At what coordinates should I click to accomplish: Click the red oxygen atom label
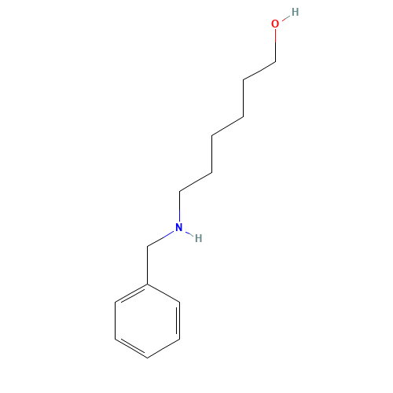(x=275, y=24)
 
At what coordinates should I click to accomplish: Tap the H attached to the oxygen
(x=296, y=12)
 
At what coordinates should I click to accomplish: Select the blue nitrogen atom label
(x=179, y=227)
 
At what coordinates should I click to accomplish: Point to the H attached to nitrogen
(x=199, y=238)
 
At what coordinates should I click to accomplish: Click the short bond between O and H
(x=285, y=18)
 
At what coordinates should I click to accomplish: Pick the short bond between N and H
(x=189, y=233)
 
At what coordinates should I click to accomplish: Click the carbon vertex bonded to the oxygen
(x=275, y=62)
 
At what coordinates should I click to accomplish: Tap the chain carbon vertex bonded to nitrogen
(x=179, y=192)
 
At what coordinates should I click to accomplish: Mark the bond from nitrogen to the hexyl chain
(x=179, y=207)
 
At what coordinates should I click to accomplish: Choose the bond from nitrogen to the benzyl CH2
(x=160, y=239)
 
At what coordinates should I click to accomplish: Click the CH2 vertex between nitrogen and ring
(x=147, y=247)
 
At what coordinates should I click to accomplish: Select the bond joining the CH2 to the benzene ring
(x=147, y=265)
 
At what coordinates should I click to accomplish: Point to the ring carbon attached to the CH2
(x=147, y=284)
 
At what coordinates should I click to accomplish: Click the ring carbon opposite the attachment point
(x=147, y=358)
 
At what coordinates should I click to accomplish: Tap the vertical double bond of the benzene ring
(x=178, y=321)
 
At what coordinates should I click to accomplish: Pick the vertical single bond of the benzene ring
(x=116, y=321)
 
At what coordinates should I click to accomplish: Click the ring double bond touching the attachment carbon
(x=132, y=294)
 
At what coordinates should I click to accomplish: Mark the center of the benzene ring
(x=147, y=321)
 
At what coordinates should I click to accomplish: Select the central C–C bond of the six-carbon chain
(x=227, y=127)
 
